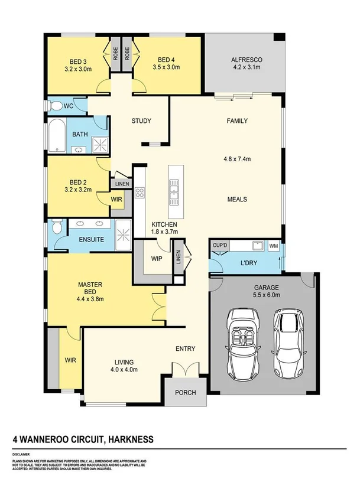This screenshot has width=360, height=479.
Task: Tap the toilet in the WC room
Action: [x=56, y=106]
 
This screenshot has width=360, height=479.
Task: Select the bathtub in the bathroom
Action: [x=57, y=135]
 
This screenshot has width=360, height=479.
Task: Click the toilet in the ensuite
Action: [x=56, y=229]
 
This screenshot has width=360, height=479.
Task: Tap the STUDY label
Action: [x=141, y=121]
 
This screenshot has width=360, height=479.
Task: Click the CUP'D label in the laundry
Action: [x=220, y=245]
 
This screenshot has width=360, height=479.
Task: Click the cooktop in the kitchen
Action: [x=140, y=193]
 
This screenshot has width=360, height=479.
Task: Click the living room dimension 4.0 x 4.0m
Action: [x=124, y=370]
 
